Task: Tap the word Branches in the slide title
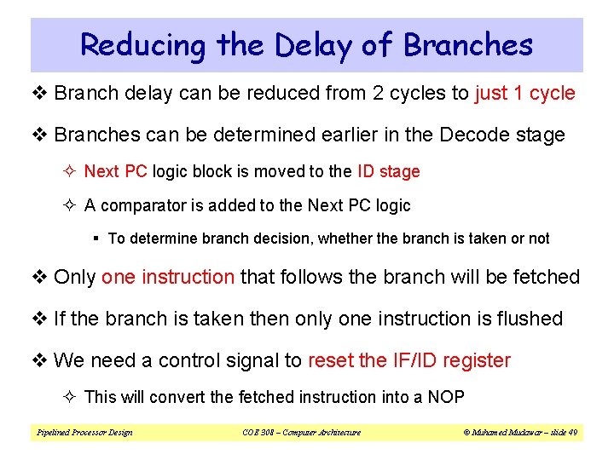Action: pos(468,45)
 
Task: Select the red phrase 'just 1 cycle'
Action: pos(524,93)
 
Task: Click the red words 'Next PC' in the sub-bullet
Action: pos(116,171)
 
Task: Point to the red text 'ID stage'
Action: pos(388,171)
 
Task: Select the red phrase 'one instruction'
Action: pos(167,277)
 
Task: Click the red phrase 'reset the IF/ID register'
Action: pos(408,360)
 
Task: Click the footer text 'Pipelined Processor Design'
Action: pos(84,433)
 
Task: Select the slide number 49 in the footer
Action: pos(572,433)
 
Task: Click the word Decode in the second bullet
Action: pos(467,135)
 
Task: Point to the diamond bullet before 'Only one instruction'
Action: pos(40,277)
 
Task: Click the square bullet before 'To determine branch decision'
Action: pos(99,239)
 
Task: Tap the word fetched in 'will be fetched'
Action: pos(548,277)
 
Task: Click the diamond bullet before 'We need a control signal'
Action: pos(40,360)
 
